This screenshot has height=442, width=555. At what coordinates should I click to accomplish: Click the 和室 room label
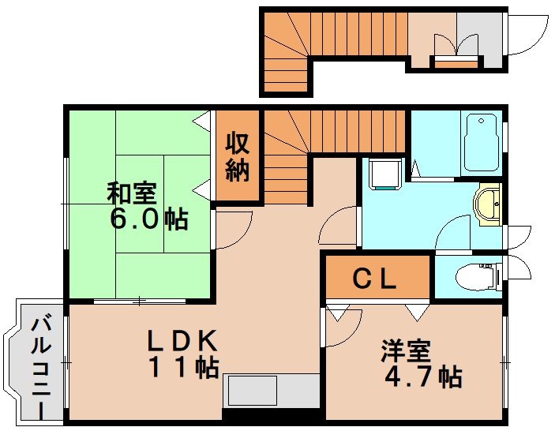pyautogui.click(x=132, y=193)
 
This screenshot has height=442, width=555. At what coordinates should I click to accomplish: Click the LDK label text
pyautogui.click(x=182, y=340)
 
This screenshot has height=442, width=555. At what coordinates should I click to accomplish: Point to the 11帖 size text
pyautogui.click(x=182, y=367)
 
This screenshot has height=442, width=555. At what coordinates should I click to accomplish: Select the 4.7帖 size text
pyautogui.click(x=422, y=376)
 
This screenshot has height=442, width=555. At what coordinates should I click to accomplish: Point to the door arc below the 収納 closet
pyautogui.click(x=233, y=230)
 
